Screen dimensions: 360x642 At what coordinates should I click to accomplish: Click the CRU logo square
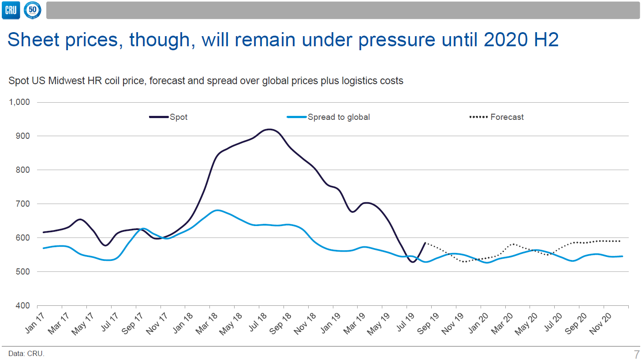tap(10, 10)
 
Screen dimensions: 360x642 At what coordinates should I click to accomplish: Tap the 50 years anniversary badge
tap(33, 10)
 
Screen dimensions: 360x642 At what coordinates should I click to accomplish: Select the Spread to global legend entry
tap(328, 117)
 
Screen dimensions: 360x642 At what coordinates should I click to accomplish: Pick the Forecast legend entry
tap(497, 117)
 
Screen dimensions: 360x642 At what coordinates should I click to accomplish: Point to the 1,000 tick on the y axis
tap(19, 102)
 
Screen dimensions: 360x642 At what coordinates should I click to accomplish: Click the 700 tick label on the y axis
tap(22, 204)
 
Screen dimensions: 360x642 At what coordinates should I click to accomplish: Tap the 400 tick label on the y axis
tap(22, 306)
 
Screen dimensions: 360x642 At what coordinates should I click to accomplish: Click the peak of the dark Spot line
tap(269, 129)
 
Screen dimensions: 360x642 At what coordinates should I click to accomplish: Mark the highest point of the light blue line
tap(216, 210)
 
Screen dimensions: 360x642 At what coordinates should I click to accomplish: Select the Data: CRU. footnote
tap(26, 353)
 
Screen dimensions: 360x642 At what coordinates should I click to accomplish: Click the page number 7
tap(636, 354)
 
